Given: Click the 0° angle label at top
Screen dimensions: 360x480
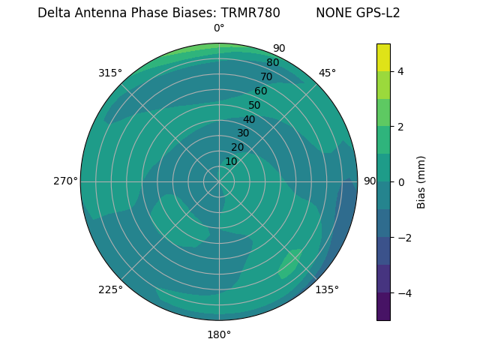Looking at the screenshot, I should pyautogui.click(x=219, y=28).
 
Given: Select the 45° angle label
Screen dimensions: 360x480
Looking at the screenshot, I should pyautogui.click(x=327, y=73).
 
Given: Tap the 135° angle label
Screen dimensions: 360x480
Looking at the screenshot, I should pyautogui.click(x=326, y=289).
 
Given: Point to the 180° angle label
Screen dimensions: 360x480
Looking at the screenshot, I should pyautogui.click(x=219, y=334).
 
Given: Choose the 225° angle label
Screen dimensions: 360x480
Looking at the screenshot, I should pyautogui.click(x=110, y=289).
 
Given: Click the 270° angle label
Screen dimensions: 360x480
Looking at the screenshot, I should pyautogui.click(x=65, y=181).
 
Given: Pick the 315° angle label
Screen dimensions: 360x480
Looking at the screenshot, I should pyautogui.click(x=109, y=73).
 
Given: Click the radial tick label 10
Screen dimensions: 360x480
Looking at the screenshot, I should pyautogui.click(x=232, y=161).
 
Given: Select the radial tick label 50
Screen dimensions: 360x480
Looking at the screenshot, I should pyautogui.click(x=255, y=105).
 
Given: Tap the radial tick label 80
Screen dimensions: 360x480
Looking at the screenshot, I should pyautogui.click(x=272, y=63).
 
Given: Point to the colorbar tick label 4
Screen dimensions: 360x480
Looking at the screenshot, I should pyautogui.click(x=400, y=71).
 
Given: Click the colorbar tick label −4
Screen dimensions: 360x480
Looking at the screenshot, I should pyautogui.click(x=403, y=292).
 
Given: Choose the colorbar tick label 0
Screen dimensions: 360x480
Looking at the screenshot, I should pyautogui.click(x=400, y=181).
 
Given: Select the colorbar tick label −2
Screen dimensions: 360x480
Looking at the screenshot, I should pyautogui.click(x=403, y=237).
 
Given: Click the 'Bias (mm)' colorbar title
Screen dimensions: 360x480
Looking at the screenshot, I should pyautogui.click(x=421, y=181).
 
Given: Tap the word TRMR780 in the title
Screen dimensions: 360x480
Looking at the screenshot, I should pyautogui.click(x=250, y=13).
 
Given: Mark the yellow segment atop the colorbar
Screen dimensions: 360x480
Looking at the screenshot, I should pyautogui.click(x=383, y=57).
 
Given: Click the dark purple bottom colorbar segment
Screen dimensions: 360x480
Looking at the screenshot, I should pyautogui.click(x=383, y=307).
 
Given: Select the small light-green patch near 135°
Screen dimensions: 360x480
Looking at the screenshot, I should pyautogui.click(x=290, y=263).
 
